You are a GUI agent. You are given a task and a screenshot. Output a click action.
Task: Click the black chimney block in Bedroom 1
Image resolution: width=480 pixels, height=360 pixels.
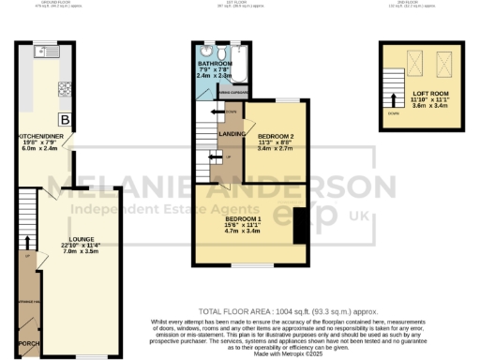pos(300,226)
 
